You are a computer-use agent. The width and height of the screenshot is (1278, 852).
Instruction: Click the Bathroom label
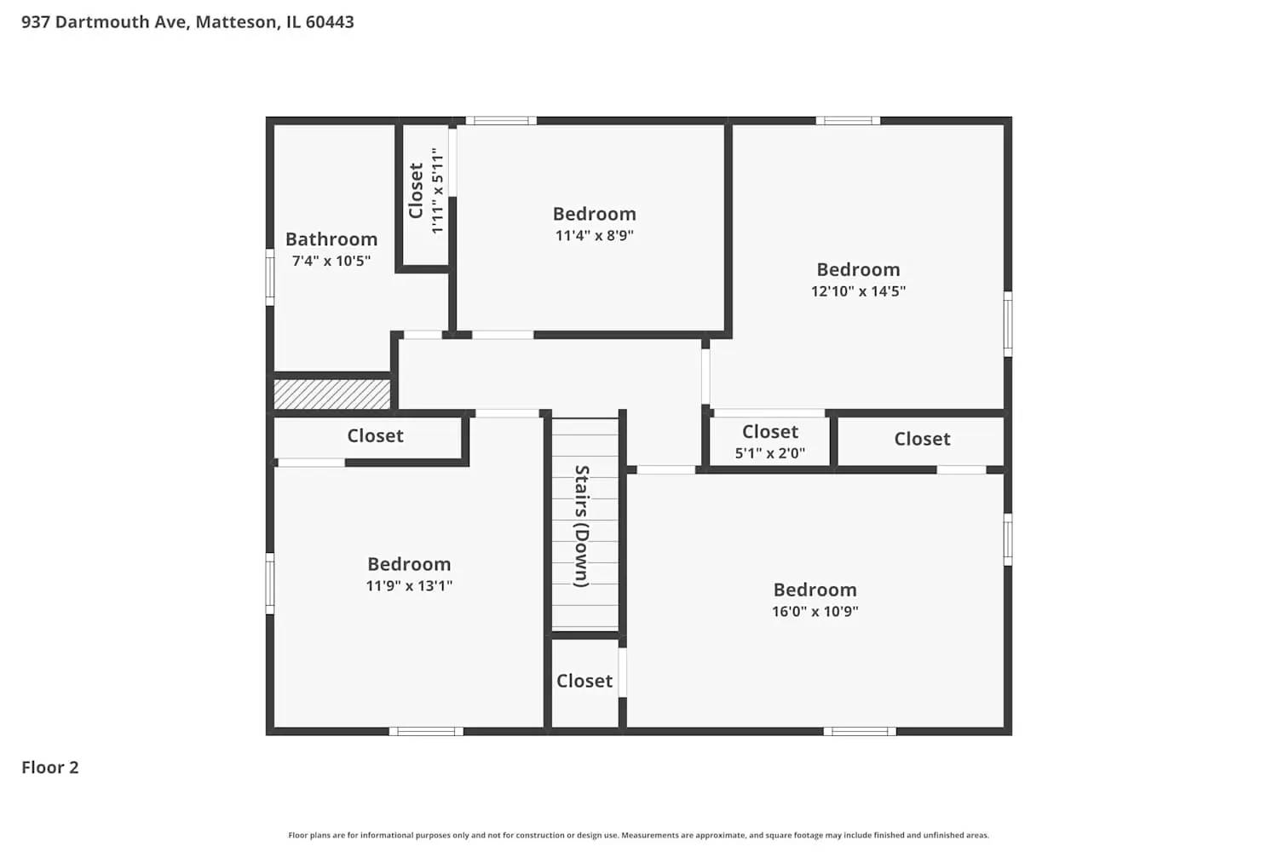(331, 239)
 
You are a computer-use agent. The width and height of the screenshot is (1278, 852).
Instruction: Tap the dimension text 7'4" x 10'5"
(331, 261)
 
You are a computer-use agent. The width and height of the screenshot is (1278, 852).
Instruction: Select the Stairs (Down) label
(581, 526)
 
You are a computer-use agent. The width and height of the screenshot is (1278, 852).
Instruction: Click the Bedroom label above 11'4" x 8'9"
(594, 214)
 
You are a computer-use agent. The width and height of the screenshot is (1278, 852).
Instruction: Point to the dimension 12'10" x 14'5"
(858, 291)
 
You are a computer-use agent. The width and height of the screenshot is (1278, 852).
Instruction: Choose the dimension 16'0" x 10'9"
(815, 611)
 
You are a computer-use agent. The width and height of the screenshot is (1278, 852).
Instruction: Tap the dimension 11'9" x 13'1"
(409, 585)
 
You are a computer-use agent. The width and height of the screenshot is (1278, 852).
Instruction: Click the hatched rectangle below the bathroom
(332, 394)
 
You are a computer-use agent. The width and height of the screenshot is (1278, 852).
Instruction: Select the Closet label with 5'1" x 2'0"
(770, 432)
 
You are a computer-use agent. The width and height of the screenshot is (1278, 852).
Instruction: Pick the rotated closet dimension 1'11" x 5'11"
(437, 191)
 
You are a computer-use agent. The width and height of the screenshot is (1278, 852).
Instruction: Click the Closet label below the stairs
(584, 681)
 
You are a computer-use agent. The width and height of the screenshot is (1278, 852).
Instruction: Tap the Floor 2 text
(50, 768)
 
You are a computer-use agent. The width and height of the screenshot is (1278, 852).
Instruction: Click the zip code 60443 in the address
(330, 22)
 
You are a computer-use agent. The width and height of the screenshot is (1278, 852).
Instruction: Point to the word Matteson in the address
(236, 22)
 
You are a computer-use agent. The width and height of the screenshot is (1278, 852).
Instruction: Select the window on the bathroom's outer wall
(270, 277)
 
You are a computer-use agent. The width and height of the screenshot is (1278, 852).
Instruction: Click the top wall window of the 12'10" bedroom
(848, 121)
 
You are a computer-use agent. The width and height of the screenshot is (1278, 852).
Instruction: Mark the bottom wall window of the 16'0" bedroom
(860, 731)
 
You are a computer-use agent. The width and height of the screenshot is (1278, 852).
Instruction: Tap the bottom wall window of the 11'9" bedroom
(426, 731)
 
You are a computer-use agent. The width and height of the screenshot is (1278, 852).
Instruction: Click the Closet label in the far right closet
(922, 439)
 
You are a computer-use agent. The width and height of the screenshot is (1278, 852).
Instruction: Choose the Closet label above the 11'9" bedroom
(375, 435)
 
